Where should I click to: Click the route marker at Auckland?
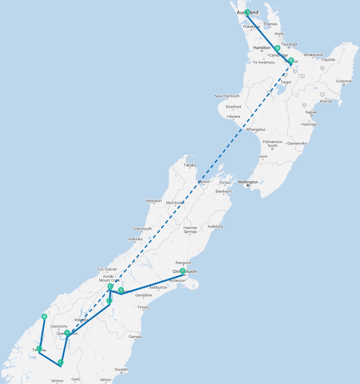click(x=247, y=12)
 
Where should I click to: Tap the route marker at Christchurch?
click(x=182, y=271)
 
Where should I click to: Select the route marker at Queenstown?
click(x=67, y=333)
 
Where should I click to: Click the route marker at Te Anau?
click(x=39, y=349)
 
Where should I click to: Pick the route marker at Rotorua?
click(x=291, y=60)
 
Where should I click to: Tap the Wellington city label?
click(x=248, y=182)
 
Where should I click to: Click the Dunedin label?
click(x=122, y=369)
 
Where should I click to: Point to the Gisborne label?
click(x=343, y=81)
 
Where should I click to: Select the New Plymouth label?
click(x=227, y=96)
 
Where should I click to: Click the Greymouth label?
click(x=142, y=229)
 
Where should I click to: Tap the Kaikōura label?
click(x=216, y=226)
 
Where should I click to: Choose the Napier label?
click(x=311, y=112)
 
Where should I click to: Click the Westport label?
click(x=154, y=201)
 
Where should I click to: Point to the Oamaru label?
click(x=135, y=337)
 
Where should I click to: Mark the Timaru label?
click(x=143, y=307)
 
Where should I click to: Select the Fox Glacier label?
click(x=107, y=269)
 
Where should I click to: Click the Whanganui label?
click(x=256, y=129)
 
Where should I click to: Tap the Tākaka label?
click(x=190, y=165)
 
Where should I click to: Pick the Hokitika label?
click(x=135, y=239)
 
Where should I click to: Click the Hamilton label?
click(x=262, y=48)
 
